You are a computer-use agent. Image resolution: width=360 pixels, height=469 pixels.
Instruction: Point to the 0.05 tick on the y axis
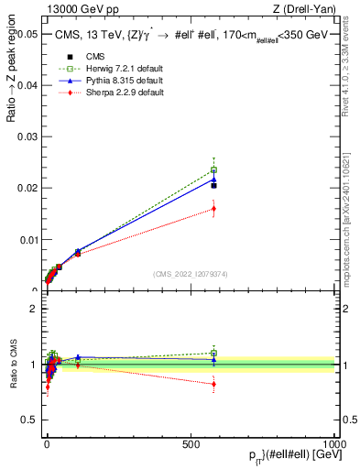tap(26, 34)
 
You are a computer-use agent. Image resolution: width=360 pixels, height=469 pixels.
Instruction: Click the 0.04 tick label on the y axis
tap(26, 85)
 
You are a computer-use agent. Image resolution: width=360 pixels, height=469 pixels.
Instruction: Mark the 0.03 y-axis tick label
tap(26, 136)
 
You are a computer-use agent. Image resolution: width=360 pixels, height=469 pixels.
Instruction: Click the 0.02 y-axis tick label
tap(26, 188)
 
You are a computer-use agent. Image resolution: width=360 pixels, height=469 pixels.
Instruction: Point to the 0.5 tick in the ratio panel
tap(29, 420)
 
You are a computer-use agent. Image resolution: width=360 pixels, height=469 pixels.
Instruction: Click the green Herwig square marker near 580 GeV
tap(213, 169)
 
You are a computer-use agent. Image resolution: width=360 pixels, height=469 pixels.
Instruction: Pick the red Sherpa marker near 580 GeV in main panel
tap(213, 208)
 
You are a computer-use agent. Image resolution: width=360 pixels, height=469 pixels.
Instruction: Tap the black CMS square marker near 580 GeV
tap(213, 185)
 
